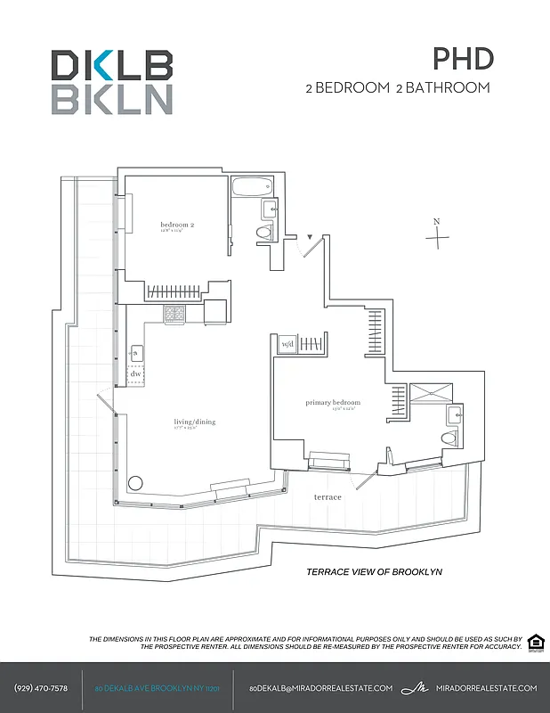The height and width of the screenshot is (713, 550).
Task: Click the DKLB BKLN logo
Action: (111, 82)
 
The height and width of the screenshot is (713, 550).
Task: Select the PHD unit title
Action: (463, 59)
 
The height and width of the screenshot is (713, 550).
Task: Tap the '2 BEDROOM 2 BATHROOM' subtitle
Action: (397, 88)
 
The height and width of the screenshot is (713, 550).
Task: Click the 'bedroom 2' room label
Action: (177, 225)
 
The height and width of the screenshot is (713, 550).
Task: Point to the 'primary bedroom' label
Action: (333, 403)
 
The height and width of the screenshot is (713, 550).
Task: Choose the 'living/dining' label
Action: (194, 422)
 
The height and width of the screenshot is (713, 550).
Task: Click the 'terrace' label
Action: (327, 496)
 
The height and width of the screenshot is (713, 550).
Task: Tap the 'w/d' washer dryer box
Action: (287, 344)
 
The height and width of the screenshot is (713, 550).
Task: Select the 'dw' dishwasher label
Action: (135, 374)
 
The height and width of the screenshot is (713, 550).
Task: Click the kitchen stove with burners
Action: (174, 314)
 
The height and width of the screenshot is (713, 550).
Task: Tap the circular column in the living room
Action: (135, 483)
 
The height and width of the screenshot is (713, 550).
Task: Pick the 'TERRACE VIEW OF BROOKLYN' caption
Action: (374, 572)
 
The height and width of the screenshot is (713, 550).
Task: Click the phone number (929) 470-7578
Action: (41, 688)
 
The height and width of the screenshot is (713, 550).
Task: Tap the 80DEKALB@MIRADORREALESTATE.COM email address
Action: (320, 688)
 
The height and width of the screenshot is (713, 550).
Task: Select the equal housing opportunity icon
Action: (535, 643)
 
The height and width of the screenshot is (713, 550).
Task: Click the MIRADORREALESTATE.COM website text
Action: (488, 688)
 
